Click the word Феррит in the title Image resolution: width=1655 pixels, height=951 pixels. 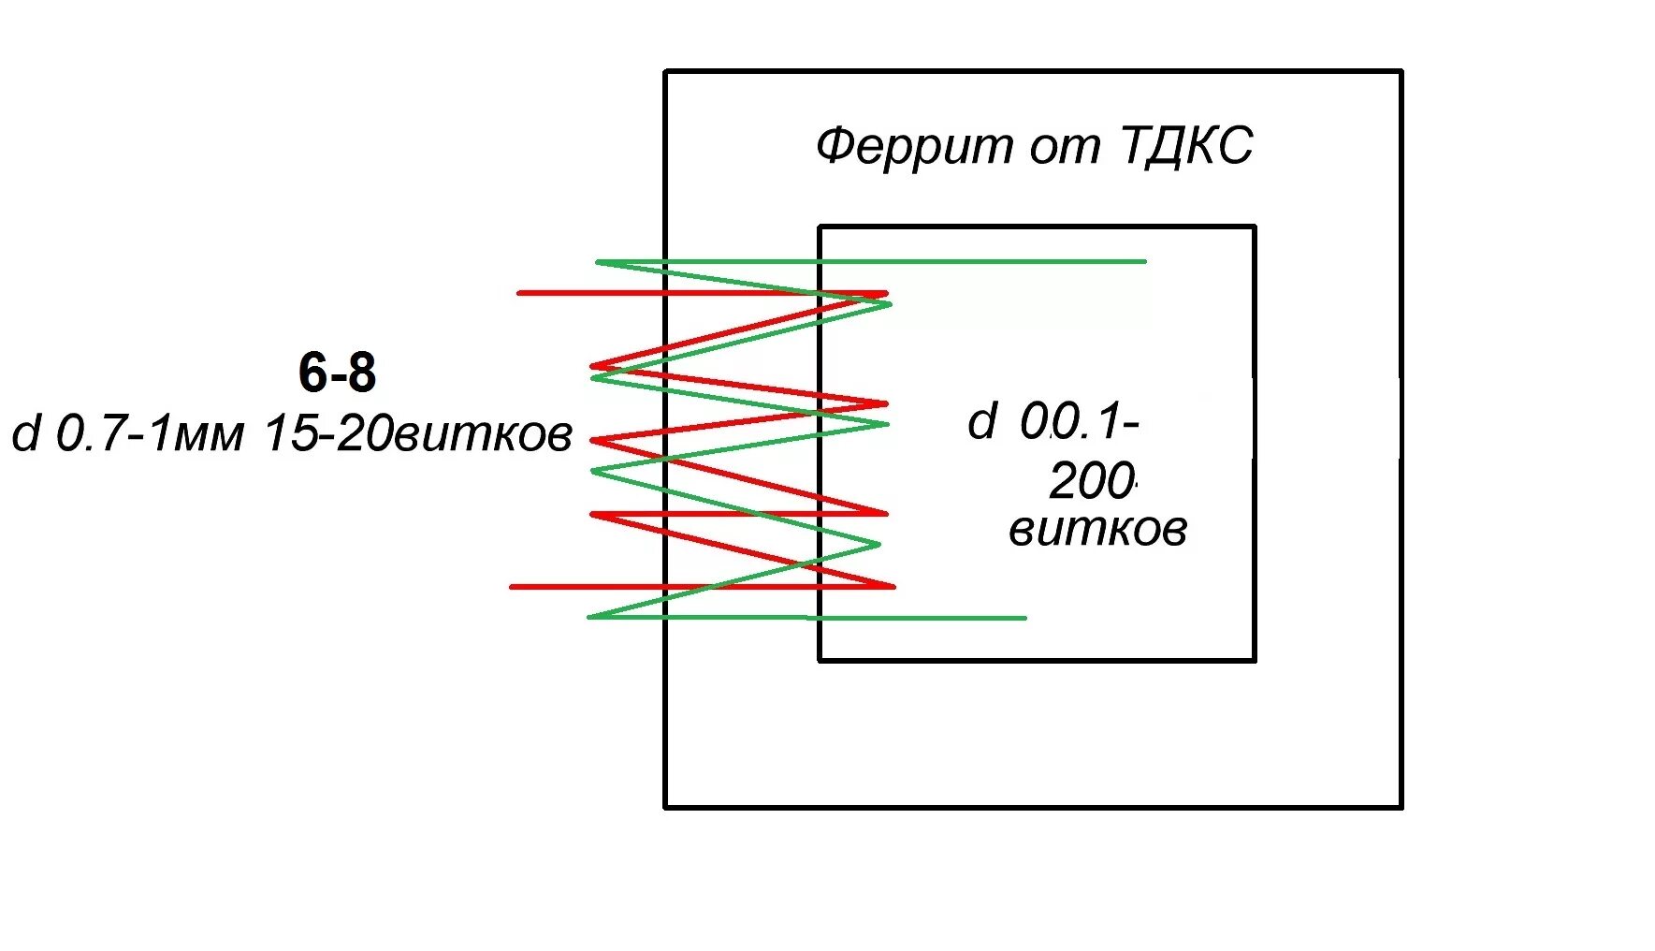[x=914, y=147]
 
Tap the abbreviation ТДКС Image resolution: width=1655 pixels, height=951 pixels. [x=1185, y=147]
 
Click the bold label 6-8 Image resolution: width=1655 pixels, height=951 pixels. [x=337, y=373]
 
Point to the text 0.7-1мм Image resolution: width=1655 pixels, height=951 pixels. [x=151, y=434]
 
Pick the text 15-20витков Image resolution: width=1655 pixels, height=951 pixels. [x=418, y=434]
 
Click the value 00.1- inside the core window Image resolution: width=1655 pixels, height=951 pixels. [x=1079, y=422]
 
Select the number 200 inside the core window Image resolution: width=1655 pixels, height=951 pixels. [x=1091, y=482]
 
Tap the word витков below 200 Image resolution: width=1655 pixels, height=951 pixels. [x=1097, y=531]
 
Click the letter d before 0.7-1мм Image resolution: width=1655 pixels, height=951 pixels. [x=26, y=433]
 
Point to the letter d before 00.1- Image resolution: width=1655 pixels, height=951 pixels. [x=982, y=422]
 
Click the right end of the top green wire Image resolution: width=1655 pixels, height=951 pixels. [x=1145, y=261]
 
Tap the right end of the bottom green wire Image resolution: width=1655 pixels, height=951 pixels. [x=1025, y=618]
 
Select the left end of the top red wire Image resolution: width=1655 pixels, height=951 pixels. [x=519, y=293]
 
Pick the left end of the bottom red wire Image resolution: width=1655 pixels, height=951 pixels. [x=511, y=587]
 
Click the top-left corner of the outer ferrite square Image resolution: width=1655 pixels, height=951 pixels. [x=665, y=71]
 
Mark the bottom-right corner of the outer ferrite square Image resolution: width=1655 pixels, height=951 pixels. [x=1401, y=807]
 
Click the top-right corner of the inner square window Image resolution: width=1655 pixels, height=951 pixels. [x=1255, y=227]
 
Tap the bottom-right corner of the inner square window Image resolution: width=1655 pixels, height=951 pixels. [x=1255, y=660]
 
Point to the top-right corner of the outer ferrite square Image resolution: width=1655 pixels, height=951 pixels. [x=1401, y=71]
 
